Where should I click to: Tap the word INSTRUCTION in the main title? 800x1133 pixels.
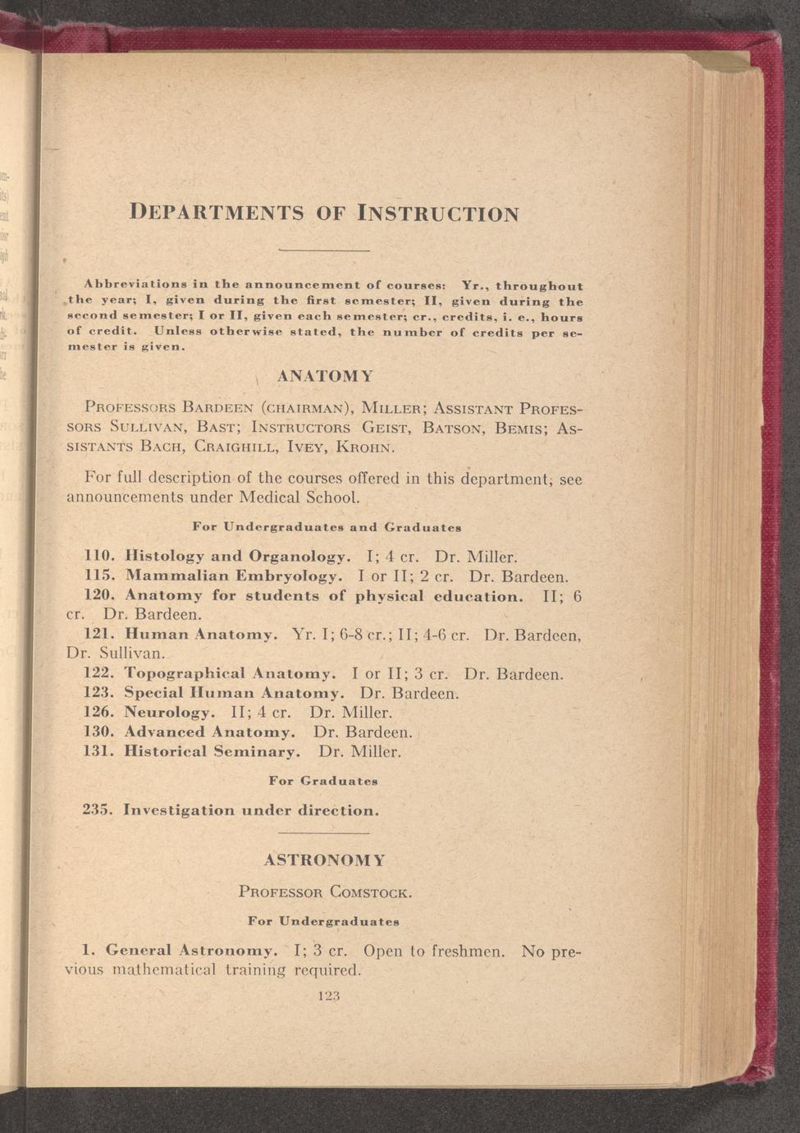(x=438, y=213)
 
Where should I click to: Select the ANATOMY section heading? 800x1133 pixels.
(x=325, y=377)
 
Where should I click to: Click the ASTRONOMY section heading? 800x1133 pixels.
(x=325, y=860)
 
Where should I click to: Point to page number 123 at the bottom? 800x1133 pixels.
(x=327, y=996)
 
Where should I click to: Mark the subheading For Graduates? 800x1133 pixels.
(x=323, y=781)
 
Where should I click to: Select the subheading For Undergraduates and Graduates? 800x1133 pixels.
(x=326, y=525)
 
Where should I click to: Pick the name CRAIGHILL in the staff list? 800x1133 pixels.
(x=245, y=448)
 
